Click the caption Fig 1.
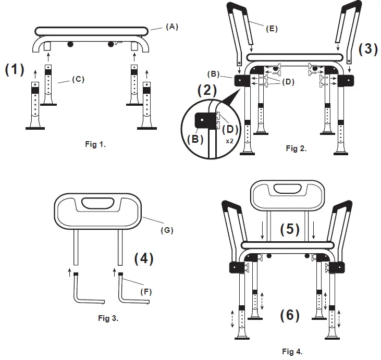point(95,145)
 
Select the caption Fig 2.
point(296,148)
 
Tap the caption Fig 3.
point(108,318)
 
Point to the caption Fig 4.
point(292,351)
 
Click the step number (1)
point(15,70)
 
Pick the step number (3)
point(368,49)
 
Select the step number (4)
point(143,259)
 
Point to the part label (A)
point(172,27)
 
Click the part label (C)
point(78,79)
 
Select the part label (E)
point(271,29)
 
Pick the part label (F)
point(147,292)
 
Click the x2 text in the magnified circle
point(229,141)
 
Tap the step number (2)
point(207,90)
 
